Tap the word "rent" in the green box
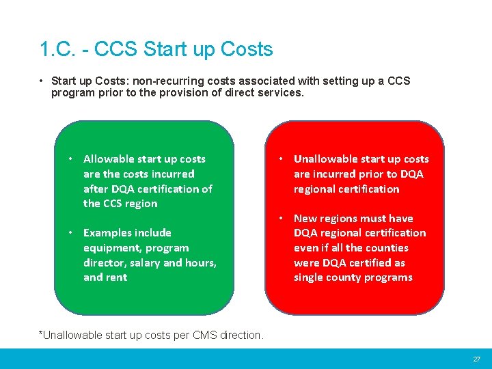coord(116,277)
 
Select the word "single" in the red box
coord(311,277)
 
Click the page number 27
coord(477,359)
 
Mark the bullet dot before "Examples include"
coord(70,233)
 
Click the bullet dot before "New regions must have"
coord(281,219)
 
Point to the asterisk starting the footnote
coord(41,334)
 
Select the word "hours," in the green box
coord(200,263)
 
